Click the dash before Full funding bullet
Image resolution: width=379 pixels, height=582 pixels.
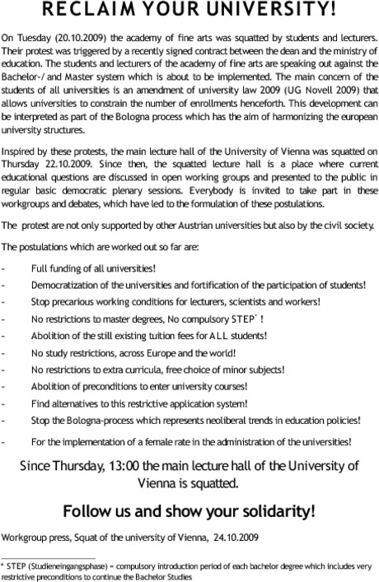tap(6, 268)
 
